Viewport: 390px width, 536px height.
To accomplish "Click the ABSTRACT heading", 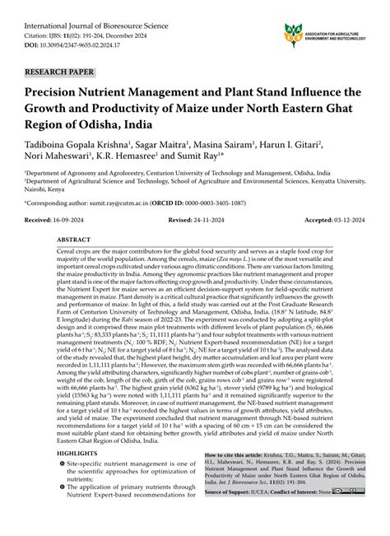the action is [73, 240].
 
